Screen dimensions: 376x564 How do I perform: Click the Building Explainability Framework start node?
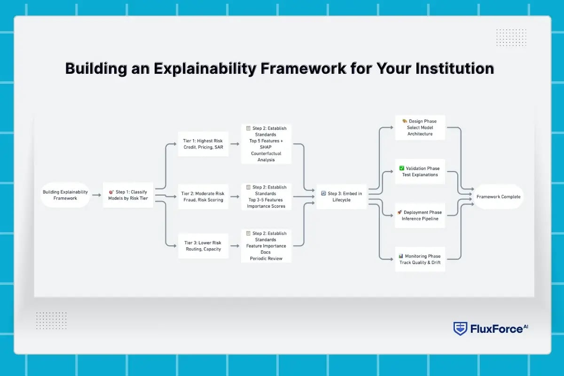pos(65,195)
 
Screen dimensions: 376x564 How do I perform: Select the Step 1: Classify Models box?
pos(128,195)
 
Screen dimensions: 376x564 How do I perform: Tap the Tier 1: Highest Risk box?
pos(204,144)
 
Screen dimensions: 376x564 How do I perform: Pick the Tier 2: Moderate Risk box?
pos(204,196)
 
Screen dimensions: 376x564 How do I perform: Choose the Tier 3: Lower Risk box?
pos(204,246)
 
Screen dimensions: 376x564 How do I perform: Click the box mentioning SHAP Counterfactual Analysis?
pos(266,144)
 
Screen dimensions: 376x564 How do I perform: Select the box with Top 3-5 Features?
pos(266,196)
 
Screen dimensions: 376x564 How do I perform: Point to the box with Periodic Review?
pos(266,246)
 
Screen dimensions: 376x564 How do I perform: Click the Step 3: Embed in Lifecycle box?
pos(342,196)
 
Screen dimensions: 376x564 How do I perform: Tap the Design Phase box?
pos(420,127)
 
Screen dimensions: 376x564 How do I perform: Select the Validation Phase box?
pos(420,172)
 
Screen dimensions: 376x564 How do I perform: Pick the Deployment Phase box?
pos(420,215)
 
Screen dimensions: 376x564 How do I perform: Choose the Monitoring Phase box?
pos(420,259)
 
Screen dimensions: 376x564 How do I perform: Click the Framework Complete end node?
pos(498,196)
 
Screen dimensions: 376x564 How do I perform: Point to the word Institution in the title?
pos(455,69)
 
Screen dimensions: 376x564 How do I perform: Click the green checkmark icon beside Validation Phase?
pos(402,168)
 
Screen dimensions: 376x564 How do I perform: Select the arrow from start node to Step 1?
pos(96,195)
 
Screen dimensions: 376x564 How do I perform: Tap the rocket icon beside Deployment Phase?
pos(399,212)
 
